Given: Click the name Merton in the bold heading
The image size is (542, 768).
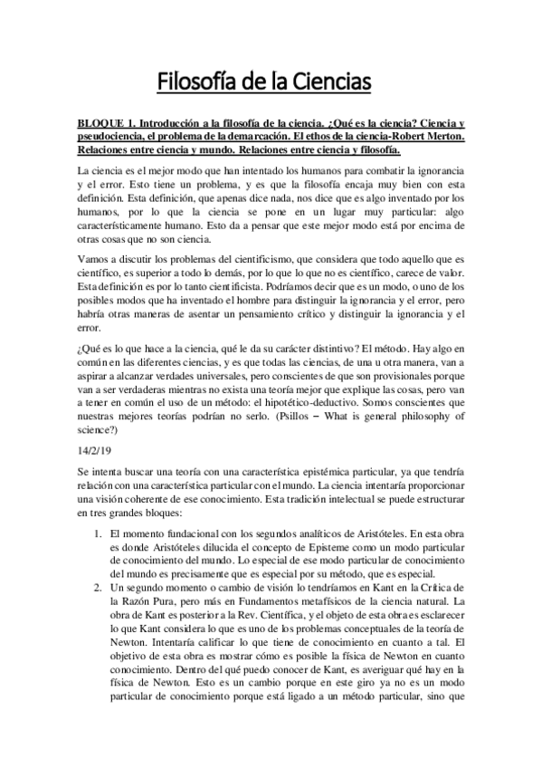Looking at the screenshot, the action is pos(444,137).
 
